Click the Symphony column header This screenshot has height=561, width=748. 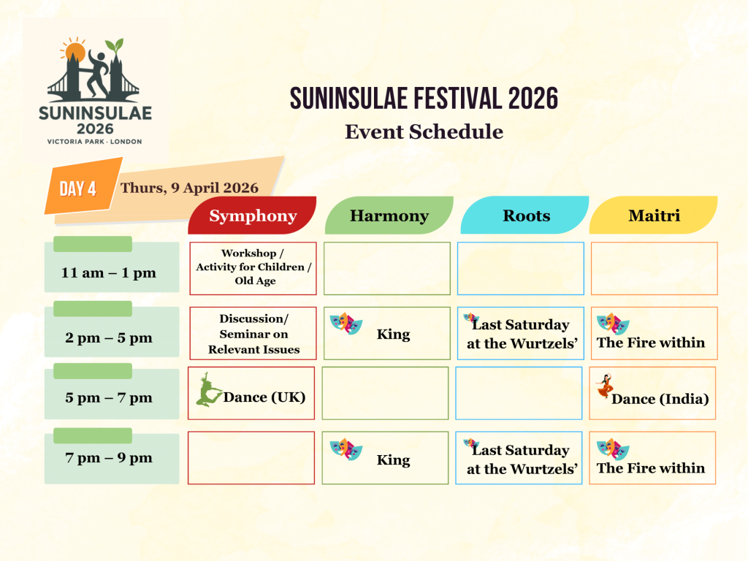click(x=253, y=215)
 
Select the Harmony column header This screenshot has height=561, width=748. click(x=389, y=215)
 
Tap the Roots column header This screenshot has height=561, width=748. click(x=525, y=215)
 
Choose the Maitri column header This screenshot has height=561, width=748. click(x=654, y=215)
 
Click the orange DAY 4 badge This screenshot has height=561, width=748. click(x=78, y=188)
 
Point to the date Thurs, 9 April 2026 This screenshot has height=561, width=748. click(x=189, y=188)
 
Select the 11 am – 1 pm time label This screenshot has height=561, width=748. click(x=109, y=273)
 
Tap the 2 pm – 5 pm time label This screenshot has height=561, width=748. click(x=109, y=338)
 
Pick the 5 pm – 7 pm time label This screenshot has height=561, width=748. click(x=109, y=398)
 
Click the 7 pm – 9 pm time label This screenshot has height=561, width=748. click(x=109, y=459)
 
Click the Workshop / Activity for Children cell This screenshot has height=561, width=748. click(x=253, y=268)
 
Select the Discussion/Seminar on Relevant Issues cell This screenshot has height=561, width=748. click(x=253, y=334)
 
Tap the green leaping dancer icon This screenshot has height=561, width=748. click(x=208, y=389)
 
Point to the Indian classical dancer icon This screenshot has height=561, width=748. click(x=603, y=386)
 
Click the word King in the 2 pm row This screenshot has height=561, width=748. click(x=393, y=335)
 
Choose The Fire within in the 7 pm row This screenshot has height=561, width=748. click(x=651, y=468)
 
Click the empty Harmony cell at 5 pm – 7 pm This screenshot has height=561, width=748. click(x=385, y=393)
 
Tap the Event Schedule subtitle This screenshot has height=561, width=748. click(x=424, y=131)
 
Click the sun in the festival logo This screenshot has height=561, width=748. click(x=75, y=53)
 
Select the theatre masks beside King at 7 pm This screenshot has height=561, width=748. click(x=346, y=449)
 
